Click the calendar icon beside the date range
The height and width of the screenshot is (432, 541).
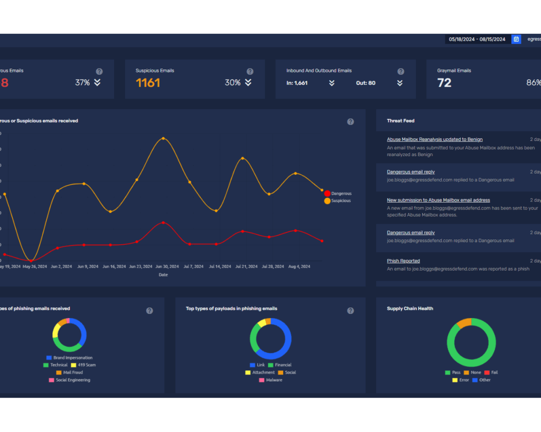point(516,39)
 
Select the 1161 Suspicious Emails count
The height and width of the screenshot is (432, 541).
point(148,83)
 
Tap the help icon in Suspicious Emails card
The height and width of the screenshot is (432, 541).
point(249,71)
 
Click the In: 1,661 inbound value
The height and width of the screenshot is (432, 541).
point(297,83)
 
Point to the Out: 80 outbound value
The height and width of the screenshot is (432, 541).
point(366,83)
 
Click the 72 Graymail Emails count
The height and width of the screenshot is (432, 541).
point(444,83)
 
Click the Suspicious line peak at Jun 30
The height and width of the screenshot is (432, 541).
point(163,138)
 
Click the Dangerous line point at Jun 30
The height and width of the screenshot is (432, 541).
point(163,223)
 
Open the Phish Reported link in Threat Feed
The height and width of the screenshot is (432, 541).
point(403,261)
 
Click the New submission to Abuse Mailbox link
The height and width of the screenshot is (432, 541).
point(438,200)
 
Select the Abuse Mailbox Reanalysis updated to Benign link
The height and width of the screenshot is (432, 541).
point(434,139)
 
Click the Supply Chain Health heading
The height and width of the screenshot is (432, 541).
point(409,309)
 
